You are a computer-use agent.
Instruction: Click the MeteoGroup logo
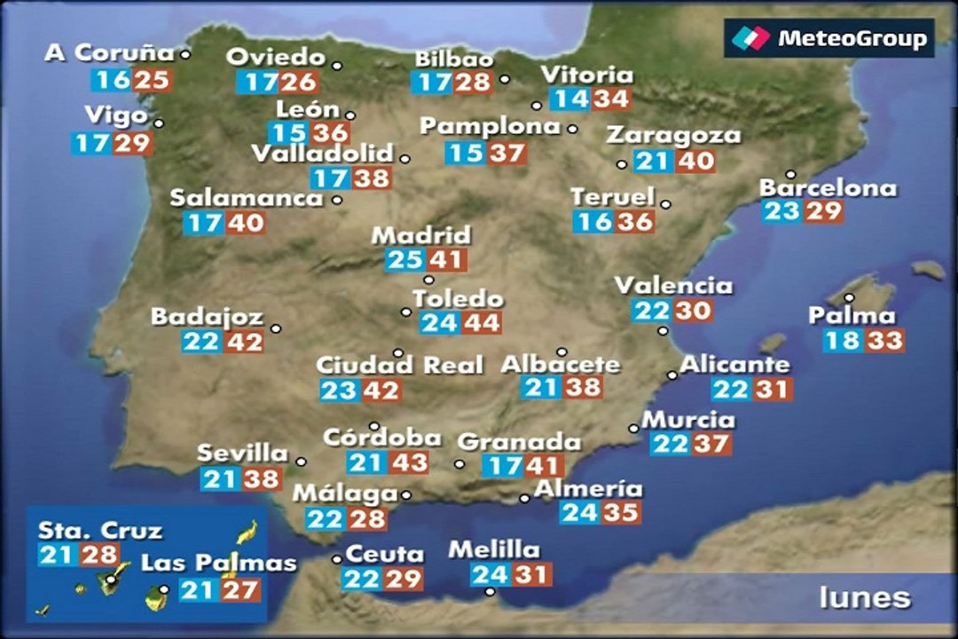pos(829,39)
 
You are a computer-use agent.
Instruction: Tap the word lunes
pos(864,597)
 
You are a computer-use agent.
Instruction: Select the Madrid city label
pos(420,236)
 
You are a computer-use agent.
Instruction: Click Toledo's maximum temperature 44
pos(482,323)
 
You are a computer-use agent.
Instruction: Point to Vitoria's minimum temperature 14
pos(569,99)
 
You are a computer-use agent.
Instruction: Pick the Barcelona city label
pos(828,188)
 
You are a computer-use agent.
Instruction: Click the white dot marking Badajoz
pos(276,328)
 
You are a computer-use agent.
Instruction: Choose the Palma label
pos(852,316)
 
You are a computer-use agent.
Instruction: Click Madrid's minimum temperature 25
pos(405,261)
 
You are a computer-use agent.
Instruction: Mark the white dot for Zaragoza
pos(622,164)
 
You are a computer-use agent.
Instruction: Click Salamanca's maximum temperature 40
pos(245,223)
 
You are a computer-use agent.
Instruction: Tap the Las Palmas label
pos(218,563)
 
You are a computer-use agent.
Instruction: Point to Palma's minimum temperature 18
pos(843,341)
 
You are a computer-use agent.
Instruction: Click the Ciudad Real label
pos(399,365)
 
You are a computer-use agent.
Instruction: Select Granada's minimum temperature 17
pos(503,465)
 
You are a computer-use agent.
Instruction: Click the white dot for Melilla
pos(491,592)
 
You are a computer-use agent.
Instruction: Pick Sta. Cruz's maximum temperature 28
pos(98,556)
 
